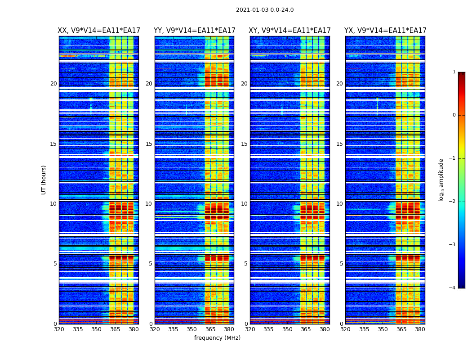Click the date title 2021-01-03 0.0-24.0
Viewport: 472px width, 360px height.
click(265, 10)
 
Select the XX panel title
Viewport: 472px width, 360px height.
click(99, 31)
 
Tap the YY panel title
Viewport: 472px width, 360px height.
click(194, 31)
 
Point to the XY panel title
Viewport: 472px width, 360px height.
click(290, 31)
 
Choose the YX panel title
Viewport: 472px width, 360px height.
click(385, 31)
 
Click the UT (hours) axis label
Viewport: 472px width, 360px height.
click(44, 180)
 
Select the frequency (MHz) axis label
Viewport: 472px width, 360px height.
click(217, 338)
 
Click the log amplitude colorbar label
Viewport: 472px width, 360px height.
click(441, 180)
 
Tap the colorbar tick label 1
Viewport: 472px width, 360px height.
click(454, 72)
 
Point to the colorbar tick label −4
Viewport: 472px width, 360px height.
click(453, 288)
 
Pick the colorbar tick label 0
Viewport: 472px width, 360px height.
click(454, 115)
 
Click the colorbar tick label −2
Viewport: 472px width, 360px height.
click(453, 202)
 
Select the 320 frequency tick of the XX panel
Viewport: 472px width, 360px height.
click(59, 329)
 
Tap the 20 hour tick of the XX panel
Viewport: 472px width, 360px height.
click(53, 84)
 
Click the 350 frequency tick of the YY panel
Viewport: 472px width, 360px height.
click(192, 329)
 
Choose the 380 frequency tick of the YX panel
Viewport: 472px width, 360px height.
click(420, 329)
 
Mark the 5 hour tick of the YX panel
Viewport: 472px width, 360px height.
click(341, 264)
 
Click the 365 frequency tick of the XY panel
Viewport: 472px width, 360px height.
click(306, 329)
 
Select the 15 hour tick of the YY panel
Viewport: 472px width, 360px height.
click(148, 144)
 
